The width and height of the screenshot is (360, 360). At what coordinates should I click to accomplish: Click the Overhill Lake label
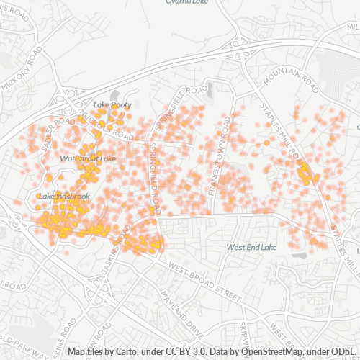point(186,2)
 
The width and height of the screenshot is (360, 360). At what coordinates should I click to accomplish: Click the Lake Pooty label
point(112,105)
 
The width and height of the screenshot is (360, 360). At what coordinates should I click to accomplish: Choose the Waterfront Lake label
point(88,158)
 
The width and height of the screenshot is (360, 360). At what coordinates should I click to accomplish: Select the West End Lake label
point(251,247)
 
